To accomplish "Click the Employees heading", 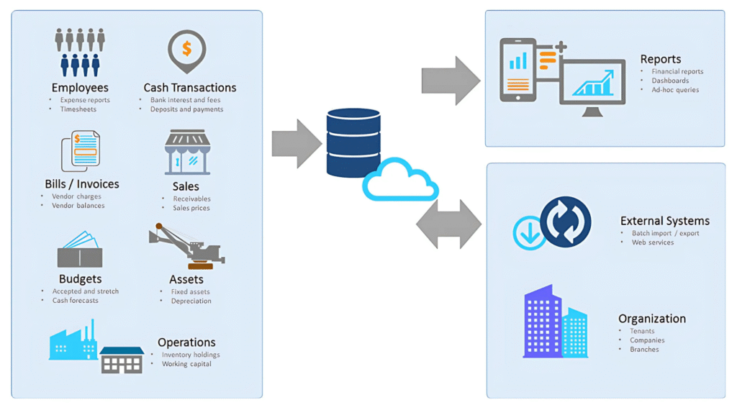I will pos(80,88).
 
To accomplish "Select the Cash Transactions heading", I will pos(190,88).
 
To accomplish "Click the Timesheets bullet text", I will pos(78,109).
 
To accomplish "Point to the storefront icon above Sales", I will pos(187,153).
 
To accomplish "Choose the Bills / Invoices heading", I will pos(82,184).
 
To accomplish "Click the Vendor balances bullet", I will pos(78,206).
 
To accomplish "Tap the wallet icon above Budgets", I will pos(80,251).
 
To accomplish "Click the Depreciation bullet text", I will pos(191,301).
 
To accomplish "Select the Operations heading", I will pos(186,342).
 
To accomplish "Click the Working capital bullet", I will pos(186,364).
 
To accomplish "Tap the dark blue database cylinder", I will pos(353,142).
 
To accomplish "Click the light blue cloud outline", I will pos(400,181).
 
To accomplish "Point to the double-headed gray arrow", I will pos(449,225).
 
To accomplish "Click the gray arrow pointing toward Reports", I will pos(451,81).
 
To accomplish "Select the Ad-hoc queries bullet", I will pos(675,90).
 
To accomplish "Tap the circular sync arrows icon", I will pos(565,222).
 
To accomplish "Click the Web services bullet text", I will pos(653,242).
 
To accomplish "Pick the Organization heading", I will pos(652,319).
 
